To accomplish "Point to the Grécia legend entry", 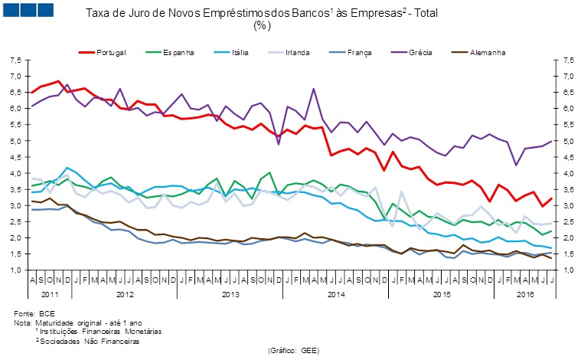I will click(421, 52).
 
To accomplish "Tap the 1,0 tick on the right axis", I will click(567, 270).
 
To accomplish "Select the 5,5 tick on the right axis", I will click(567, 125).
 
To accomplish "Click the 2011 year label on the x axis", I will click(51, 293).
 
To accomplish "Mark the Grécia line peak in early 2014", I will click(314, 89).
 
